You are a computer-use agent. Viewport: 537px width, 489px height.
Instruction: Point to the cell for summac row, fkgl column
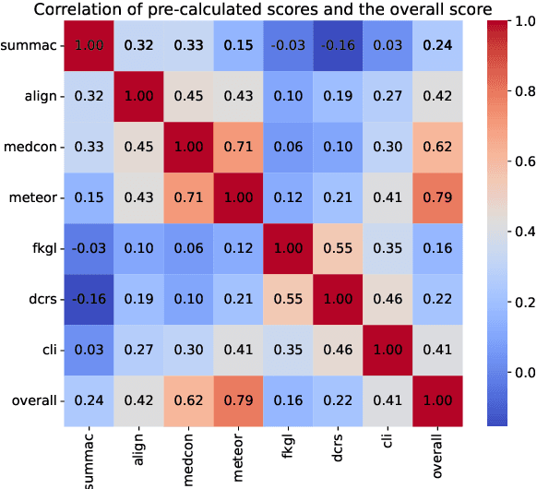[283, 45]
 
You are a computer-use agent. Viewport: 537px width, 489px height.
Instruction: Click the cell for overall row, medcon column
[185, 400]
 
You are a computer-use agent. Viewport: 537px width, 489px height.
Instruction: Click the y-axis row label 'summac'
[30, 45]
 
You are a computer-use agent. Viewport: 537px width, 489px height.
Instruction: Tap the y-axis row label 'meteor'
[33, 197]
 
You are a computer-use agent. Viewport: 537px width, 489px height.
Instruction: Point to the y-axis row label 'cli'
[46, 350]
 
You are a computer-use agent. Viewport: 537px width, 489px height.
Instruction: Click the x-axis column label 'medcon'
[185, 452]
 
